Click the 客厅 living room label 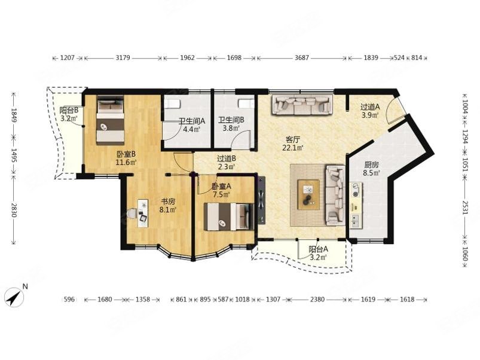[x=293, y=140]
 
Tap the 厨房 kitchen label [x=371, y=164]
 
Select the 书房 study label [x=168, y=202]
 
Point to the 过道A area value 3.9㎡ [x=370, y=115]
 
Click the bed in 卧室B [x=111, y=120]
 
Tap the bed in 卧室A [x=229, y=216]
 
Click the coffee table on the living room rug [x=308, y=195]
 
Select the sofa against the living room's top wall [x=302, y=105]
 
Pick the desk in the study [x=143, y=213]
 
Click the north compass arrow [x=14, y=297]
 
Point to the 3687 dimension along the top [x=301, y=57]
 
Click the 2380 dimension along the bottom [x=317, y=299]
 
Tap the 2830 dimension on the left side [x=14, y=210]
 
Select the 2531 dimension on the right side [x=465, y=208]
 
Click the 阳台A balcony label [x=318, y=249]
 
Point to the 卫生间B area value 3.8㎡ [x=231, y=128]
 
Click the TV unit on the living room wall [x=261, y=200]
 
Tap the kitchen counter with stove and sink [x=356, y=205]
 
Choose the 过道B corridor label [x=226, y=159]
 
